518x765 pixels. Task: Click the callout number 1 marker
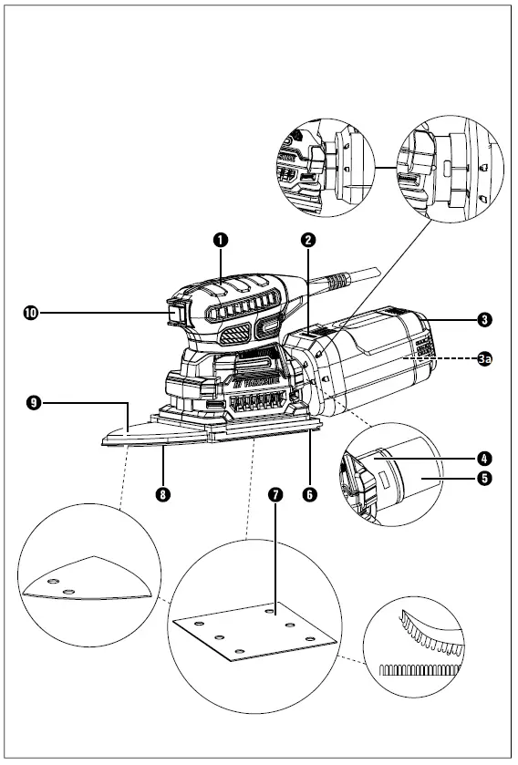(220, 240)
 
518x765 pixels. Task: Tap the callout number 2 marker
(309, 240)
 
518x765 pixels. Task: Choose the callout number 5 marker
(484, 477)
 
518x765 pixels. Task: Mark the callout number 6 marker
(309, 493)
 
